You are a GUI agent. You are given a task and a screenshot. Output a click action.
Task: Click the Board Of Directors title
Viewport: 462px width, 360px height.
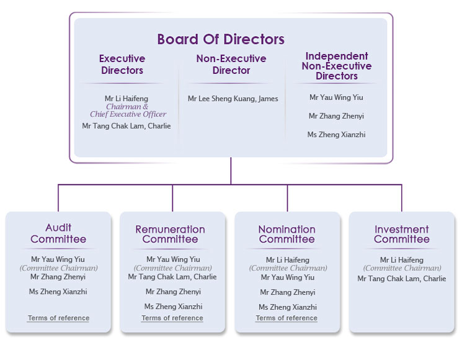tap(221, 39)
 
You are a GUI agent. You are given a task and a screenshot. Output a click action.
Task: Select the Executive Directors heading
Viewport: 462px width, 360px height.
tap(122, 65)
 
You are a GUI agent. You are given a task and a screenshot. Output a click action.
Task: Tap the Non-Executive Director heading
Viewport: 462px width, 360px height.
tap(231, 65)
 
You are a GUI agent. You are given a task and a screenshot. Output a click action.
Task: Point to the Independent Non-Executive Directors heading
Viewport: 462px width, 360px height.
tap(337, 66)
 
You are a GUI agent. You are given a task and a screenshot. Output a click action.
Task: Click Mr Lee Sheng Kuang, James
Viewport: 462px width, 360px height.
tap(233, 99)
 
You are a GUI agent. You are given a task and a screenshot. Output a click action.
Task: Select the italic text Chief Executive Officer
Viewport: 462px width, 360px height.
tap(128, 114)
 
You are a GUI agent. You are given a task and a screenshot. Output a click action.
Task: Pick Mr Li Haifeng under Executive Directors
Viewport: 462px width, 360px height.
tap(127, 99)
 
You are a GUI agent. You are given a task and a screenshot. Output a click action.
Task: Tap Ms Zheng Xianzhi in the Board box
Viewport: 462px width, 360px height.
tap(336, 135)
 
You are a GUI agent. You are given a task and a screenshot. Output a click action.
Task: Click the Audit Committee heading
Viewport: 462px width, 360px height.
tap(58, 233)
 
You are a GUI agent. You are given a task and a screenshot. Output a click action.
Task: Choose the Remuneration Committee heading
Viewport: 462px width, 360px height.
tap(171, 234)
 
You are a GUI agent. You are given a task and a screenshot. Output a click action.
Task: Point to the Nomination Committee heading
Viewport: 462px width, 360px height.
tap(287, 234)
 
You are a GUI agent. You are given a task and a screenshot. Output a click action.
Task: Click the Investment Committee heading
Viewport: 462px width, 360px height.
tap(402, 234)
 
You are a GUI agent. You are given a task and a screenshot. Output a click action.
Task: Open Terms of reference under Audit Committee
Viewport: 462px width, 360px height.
tap(59, 318)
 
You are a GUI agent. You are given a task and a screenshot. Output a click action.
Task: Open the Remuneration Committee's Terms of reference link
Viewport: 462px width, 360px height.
tap(172, 318)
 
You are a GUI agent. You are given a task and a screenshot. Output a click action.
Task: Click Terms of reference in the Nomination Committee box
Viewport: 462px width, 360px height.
tap(287, 318)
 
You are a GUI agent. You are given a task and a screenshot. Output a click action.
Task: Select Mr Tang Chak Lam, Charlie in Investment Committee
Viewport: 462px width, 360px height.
tap(402, 279)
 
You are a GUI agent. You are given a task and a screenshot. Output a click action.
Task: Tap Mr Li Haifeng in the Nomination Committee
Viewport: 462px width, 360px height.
tap(288, 260)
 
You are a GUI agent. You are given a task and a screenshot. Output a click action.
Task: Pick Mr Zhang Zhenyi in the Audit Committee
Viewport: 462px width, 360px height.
tap(58, 277)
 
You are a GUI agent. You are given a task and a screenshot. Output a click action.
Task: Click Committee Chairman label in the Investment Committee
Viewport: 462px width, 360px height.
tap(402, 268)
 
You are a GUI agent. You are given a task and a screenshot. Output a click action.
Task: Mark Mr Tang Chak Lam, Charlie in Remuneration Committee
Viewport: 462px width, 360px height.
tap(172, 277)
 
